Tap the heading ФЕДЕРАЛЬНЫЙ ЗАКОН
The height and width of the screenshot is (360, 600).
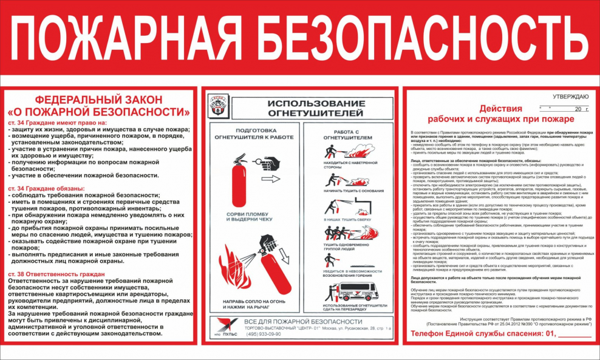tap(98, 100)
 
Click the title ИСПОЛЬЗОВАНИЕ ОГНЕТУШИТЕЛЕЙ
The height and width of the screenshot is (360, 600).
tap(315, 108)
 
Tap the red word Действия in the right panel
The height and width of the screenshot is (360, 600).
tap(501, 109)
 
